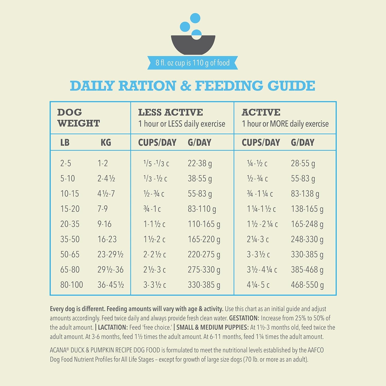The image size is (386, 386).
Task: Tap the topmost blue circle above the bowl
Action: pos(195,18)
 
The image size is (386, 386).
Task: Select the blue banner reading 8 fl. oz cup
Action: pos(192,63)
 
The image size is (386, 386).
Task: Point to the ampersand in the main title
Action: pos(186,86)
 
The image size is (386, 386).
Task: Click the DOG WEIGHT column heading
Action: pos(78,118)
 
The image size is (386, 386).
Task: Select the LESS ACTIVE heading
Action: pos(170,112)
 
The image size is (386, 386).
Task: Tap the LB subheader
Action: pos(65,142)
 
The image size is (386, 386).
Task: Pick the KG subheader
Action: pos(106,142)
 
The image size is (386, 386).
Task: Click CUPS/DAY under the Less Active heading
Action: pos(157,142)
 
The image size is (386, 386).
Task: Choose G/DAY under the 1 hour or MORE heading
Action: pos(303,142)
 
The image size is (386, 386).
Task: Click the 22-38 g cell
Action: pos(200,163)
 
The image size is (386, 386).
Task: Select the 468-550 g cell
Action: pos(307,285)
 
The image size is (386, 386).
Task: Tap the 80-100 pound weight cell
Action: pos(72,285)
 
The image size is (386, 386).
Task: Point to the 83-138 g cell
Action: pos(305,194)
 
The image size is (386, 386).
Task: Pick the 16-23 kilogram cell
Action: pos(107,239)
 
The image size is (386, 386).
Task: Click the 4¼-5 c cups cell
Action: pos(258,285)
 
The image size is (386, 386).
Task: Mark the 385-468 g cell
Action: pos(307,270)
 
